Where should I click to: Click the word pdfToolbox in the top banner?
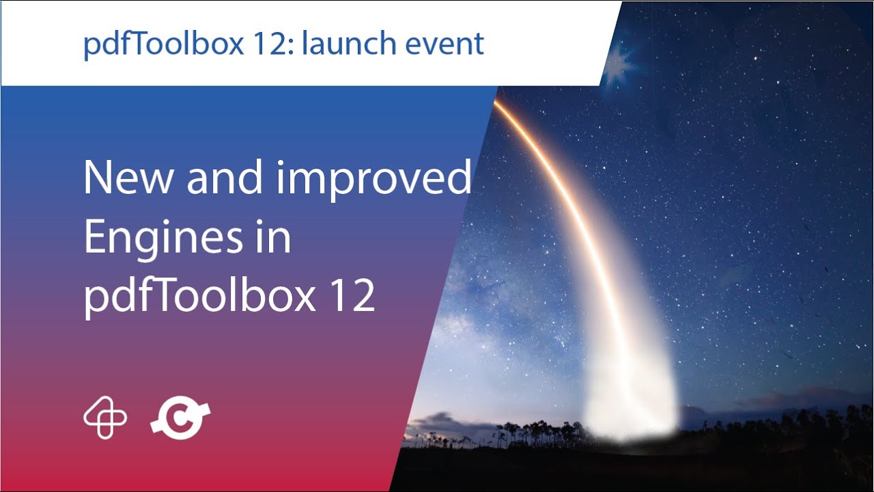tap(162, 44)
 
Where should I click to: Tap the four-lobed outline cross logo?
tap(105, 418)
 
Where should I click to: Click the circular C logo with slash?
tap(180, 418)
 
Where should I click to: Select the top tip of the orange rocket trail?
tap(496, 102)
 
